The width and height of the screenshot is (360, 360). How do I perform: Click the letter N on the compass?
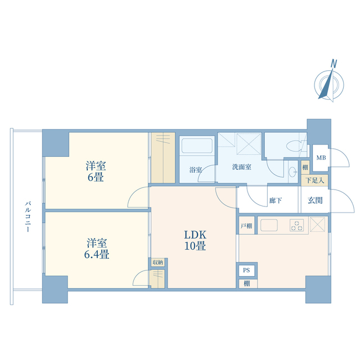point(334,64)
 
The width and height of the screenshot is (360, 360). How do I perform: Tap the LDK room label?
point(195,240)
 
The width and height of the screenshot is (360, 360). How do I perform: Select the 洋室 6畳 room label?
point(96,172)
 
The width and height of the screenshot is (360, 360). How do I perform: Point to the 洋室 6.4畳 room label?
point(96,249)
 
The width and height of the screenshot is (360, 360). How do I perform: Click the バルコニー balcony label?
point(28,217)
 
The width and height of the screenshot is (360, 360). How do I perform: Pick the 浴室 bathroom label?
point(196,170)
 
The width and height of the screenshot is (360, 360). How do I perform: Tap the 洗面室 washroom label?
point(241,167)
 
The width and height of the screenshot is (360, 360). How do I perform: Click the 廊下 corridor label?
point(276,200)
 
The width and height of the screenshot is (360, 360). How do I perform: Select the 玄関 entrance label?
point(315,200)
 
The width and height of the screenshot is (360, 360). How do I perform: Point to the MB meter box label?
point(321,157)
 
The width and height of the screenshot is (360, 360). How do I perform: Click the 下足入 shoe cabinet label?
point(315,181)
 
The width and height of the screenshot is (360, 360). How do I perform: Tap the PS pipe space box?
point(246,270)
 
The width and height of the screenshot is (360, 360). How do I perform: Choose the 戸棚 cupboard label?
point(246,226)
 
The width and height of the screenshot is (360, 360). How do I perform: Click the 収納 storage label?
point(157,262)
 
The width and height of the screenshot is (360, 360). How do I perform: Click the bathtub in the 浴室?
point(197,145)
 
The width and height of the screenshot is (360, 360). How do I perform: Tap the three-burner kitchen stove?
point(297,225)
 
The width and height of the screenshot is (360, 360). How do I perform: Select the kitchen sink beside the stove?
point(269,225)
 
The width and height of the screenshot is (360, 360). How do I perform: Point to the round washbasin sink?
point(292,172)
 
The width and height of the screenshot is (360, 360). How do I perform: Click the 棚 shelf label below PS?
point(246,283)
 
